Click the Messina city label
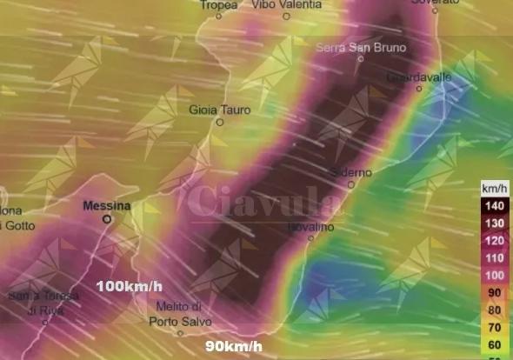[x=107, y=206]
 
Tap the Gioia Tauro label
[x=219, y=110]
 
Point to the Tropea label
[x=218, y=4]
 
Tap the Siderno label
[x=351, y=171]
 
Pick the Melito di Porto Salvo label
[x=179, y=313]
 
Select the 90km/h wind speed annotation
[x=234, y=346]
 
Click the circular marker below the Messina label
[x=107, y=220]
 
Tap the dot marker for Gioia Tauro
[x=219, y=123]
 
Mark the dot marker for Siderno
[x=351, y=183]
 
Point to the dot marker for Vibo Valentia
[x=287, y=16]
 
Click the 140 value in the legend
[x=493, y=205]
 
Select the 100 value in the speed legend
[x=493, y=275]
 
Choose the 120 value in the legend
[x=493, y=240]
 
